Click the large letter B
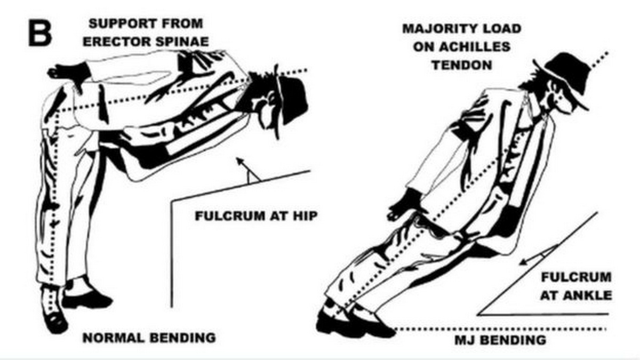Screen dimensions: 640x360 click(x=40, y=34)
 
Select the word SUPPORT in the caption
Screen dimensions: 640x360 click(x=121, y=23)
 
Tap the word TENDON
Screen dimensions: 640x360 click(x=462, y=65)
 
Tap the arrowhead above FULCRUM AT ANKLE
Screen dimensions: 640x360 click(x=524, y=262)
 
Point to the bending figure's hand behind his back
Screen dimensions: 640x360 click(x=69, y=73)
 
